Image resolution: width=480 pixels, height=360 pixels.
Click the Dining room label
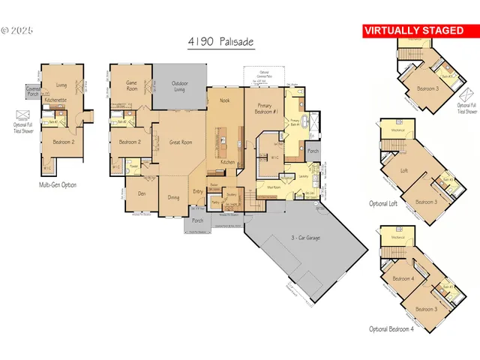pyautogui.click(x=174, y=198)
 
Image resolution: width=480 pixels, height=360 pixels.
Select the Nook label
pyautogui.click(x=223, y=100)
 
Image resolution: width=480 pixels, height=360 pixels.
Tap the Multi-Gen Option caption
pyautogui.click(x=58, y=184)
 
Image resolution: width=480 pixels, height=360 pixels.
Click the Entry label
pyautogui.click(x=198, y=191)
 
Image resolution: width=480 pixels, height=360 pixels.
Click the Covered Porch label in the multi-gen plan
pyautogui.click(x=33, y=91)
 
